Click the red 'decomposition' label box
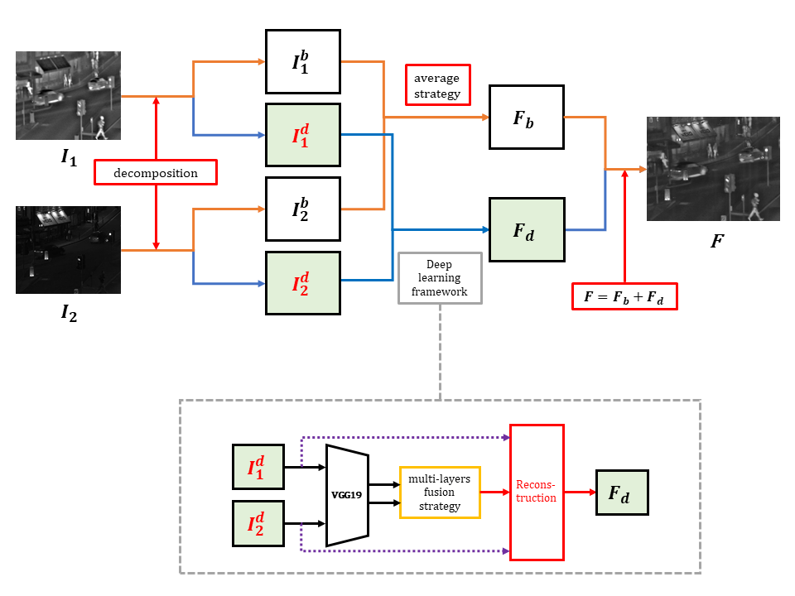[x=156, y=172]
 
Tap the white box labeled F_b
[x=526, y=117]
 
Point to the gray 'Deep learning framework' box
[x=440, y=278]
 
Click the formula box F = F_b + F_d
[x=624, y=296]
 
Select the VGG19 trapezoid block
[x=347, y=496]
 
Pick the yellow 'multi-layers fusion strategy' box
[x=440, y=493]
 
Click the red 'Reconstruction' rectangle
[x=537, y=492]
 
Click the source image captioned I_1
[x=68, y=95]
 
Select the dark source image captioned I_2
[x=68, y=250]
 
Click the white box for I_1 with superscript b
[x=302, y=61]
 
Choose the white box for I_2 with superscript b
[x=302, y=209]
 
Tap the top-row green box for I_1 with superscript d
[x=302, y=135]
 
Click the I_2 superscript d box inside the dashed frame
[x=258, y=524]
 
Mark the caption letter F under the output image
[x=716, y=243]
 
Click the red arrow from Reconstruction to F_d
[x=580, y=493]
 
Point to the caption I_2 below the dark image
[x=69, y=314]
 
